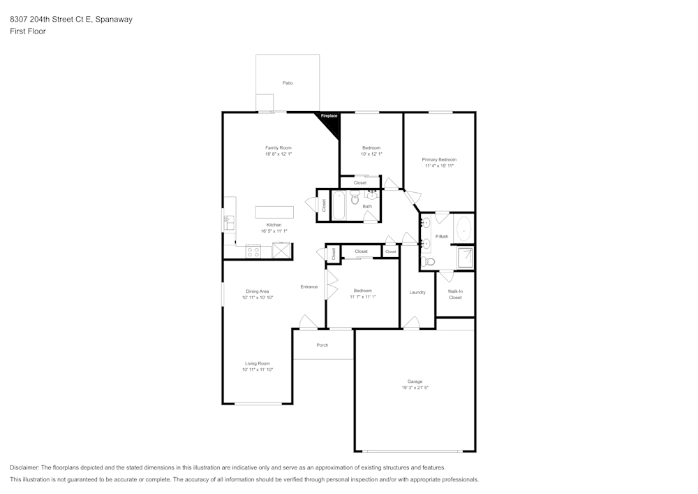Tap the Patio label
[x=288, y=83]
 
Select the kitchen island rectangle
[x=274, y=212]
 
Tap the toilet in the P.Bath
[x=429, y=262]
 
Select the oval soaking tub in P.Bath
[x=463, y=228]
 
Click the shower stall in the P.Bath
[x=465, y=258]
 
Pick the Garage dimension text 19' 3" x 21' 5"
[x=415, y=387]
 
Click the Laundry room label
[x=417, y=292]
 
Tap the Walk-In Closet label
[x=455, y=294]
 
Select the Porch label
[x=322, y=345]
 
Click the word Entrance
[x=309, y=286]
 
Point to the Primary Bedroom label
[x=439, y=159]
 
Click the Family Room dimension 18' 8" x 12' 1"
[x=278, y=154]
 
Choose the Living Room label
[x=257, y=363]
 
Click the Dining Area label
[x=257, y=291]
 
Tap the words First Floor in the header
[x=28, y=31]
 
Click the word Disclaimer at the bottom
[x=24, y=467]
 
